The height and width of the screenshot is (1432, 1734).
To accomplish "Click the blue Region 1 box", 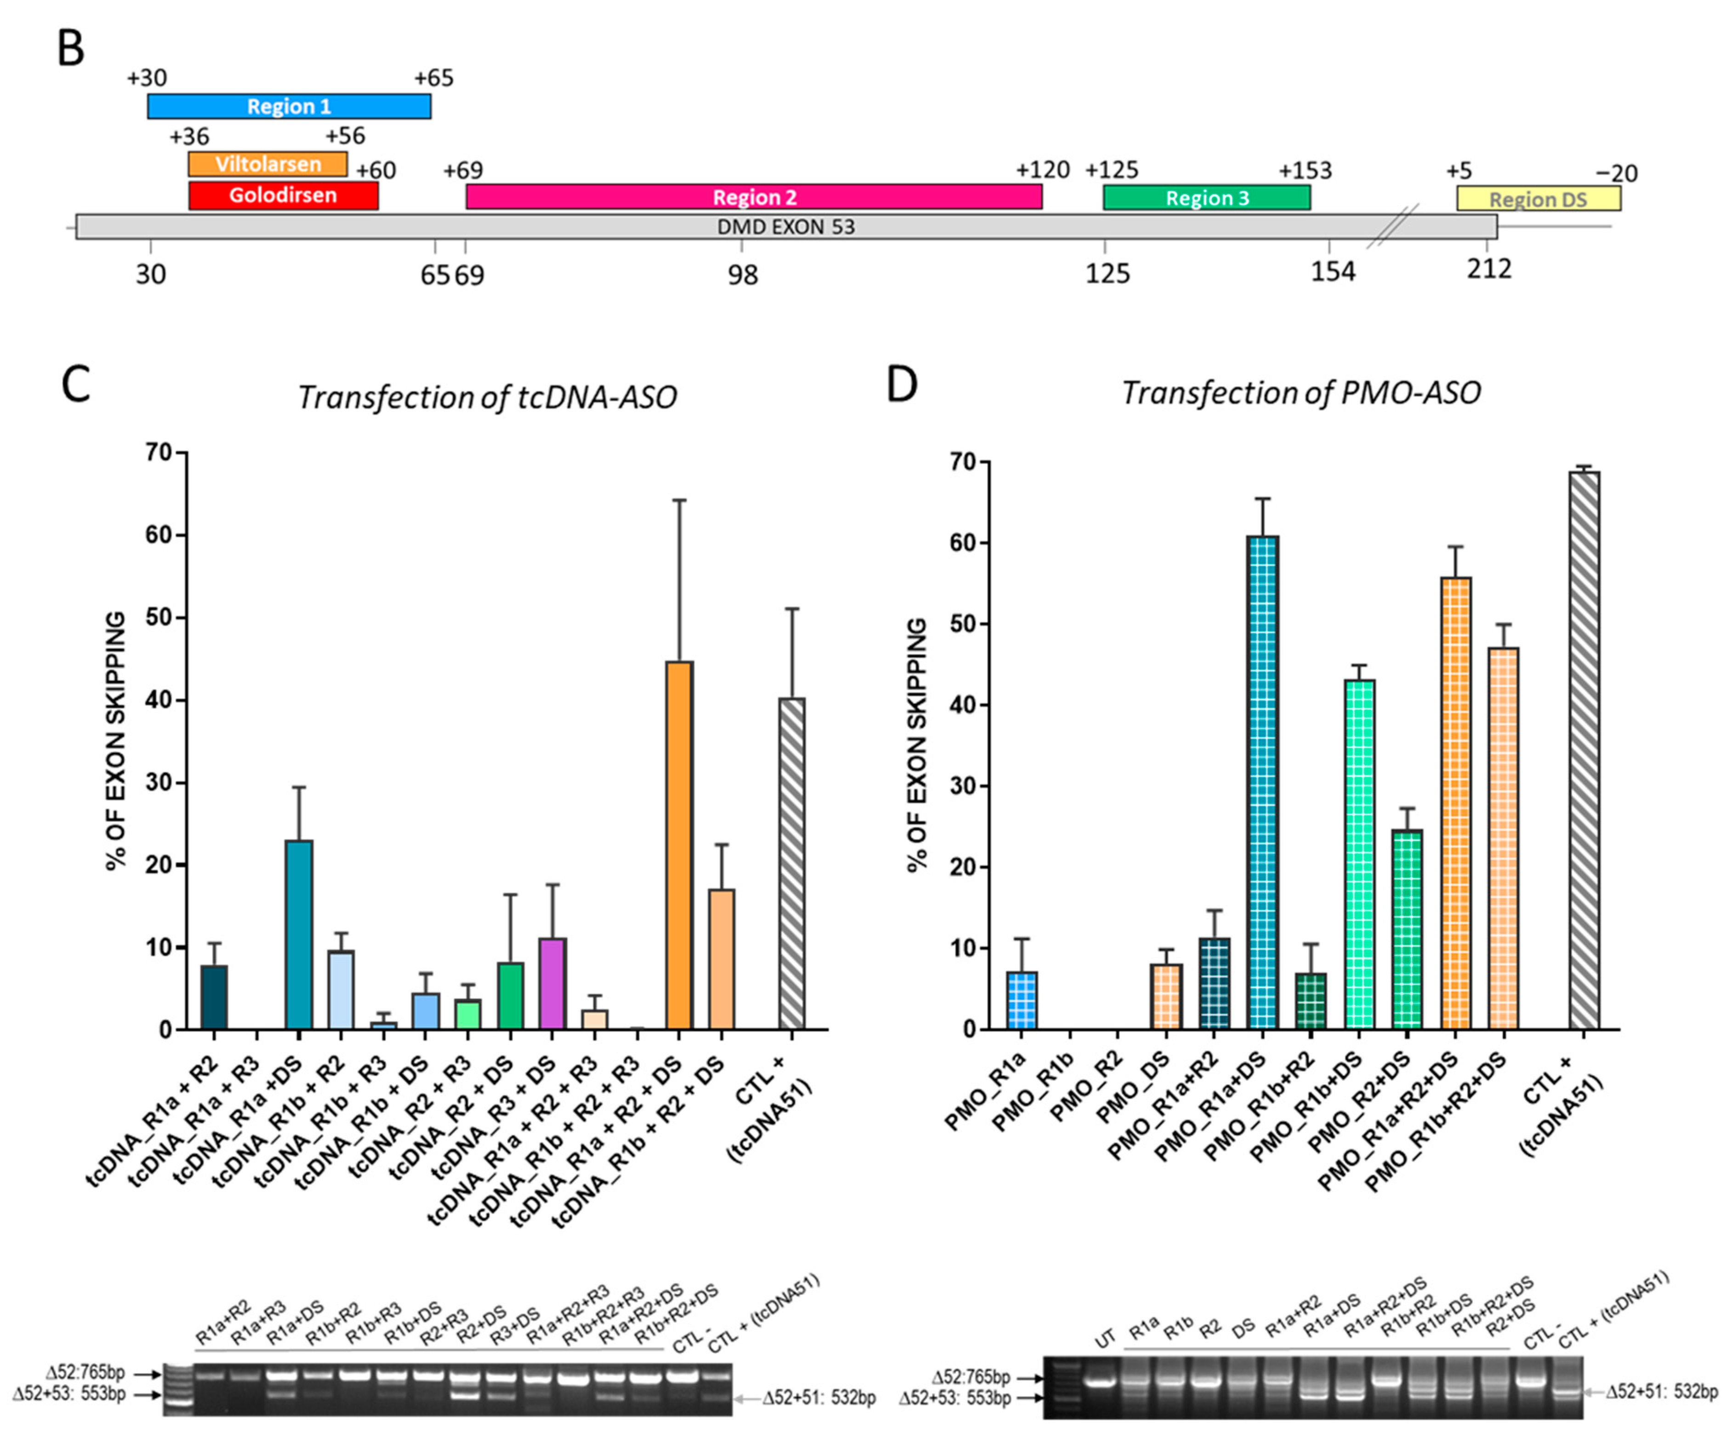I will [x=289, y=106].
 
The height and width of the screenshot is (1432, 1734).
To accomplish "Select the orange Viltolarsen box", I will [x=268, y=164].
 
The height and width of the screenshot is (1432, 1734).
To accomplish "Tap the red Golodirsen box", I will [x=283, y=195].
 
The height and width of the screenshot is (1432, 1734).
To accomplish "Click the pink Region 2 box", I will [x=753, y=197].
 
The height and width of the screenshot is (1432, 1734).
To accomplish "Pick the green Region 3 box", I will [x=1206, y=198].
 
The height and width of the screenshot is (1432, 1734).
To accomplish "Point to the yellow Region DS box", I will [x=1538, y=199].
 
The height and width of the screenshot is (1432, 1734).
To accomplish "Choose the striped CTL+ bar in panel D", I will [x=1584, y=750].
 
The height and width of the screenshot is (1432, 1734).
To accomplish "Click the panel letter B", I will [x=71, y=50].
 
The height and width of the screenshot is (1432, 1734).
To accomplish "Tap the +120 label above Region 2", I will [x=1042, y=170].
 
